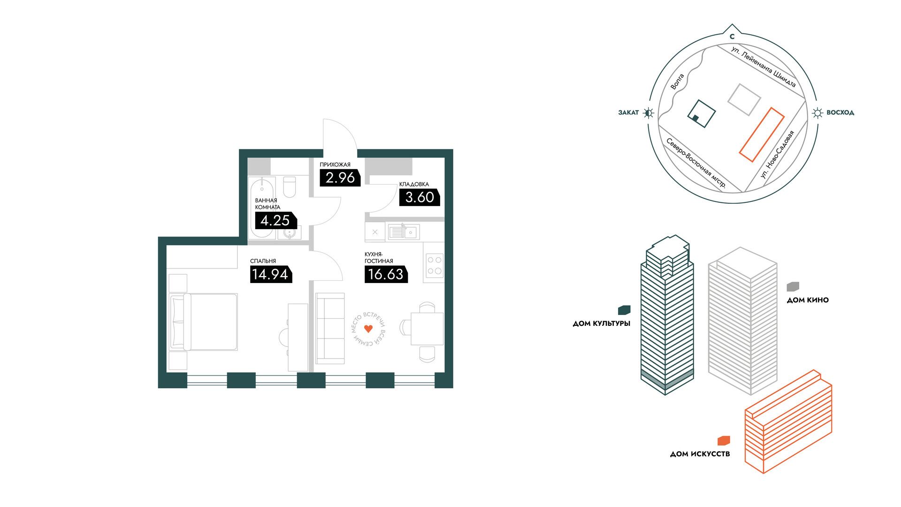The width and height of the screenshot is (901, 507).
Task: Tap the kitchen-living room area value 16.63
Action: [x=386, y=274]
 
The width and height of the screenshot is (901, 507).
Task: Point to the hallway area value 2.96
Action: [x=340, y=178]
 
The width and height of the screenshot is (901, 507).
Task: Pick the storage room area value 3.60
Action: [x=420, y=197]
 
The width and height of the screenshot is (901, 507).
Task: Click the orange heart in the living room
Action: [x=368, y=329]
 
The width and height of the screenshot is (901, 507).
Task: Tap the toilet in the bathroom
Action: [x=290, y=187]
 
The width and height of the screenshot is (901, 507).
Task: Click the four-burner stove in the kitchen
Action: [x=434, y=265]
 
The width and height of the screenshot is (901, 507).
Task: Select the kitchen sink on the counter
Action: [x=403, y=231]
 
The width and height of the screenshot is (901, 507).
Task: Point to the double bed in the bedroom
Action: [x=204, y=322]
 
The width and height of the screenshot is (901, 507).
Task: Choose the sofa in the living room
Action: [x=330, y=328]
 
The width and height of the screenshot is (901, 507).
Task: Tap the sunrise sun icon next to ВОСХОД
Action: [x=817, y=113]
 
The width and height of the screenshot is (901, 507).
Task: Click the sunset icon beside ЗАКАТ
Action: [x=649, y=113]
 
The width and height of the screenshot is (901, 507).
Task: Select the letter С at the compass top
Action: [x=732, y=37]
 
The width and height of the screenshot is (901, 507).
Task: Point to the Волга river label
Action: [x=677, y=82]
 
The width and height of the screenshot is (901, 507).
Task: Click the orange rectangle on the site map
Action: [x=762, y=135]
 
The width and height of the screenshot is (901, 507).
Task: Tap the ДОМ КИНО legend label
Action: [x=808, y=300]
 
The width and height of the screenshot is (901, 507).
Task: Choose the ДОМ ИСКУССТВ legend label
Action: [x=700, y=454]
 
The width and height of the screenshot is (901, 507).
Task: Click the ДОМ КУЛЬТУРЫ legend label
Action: [x=602, y=323]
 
